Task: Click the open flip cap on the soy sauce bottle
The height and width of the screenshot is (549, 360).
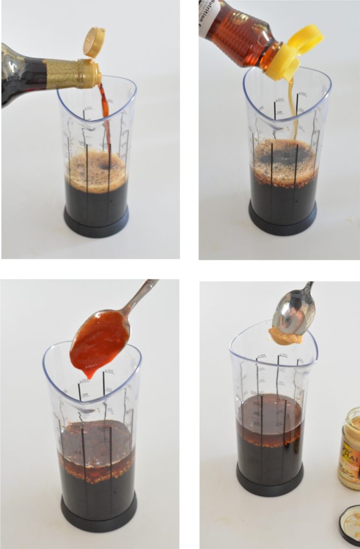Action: (94, 42)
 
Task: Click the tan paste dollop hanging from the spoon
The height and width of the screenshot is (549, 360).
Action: (285, 336)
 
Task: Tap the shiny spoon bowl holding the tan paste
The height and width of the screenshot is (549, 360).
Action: (295, 313)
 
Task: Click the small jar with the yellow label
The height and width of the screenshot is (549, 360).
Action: (349, 447)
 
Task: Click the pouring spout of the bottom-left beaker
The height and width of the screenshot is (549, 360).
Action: (54, 354)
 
